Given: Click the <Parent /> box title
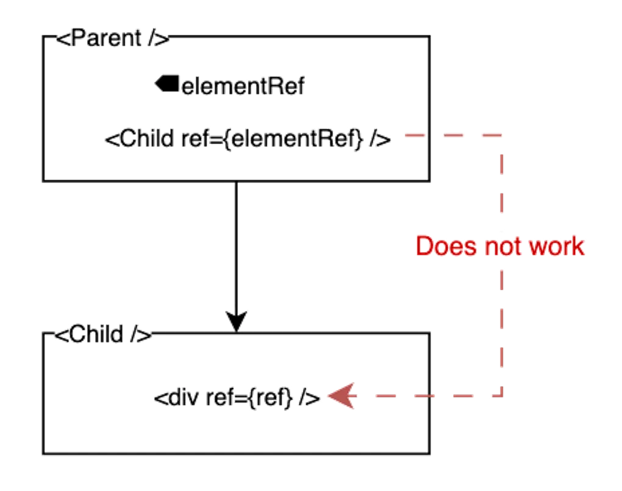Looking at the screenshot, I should click(x=112, y=40).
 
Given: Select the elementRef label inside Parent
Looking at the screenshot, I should click(x=243, y=87).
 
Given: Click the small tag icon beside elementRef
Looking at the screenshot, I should click(x=165, y=84).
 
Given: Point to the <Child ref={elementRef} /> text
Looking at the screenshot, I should click(x=247, y=139).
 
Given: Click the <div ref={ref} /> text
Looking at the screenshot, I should click(x=235, y=398).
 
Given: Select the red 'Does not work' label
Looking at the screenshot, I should click(x=500, y=246).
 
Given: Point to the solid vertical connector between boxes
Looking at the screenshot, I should click(x=236, y=244).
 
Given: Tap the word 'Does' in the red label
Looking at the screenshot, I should click(x=445, y=246).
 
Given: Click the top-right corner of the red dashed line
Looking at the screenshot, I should click(x=503, y=134).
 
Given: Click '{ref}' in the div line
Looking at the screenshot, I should click(x=268, y=398).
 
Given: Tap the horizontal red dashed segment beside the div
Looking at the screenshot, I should click(x=427, y=395).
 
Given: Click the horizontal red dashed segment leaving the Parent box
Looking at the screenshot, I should click(x=451, y=135).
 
